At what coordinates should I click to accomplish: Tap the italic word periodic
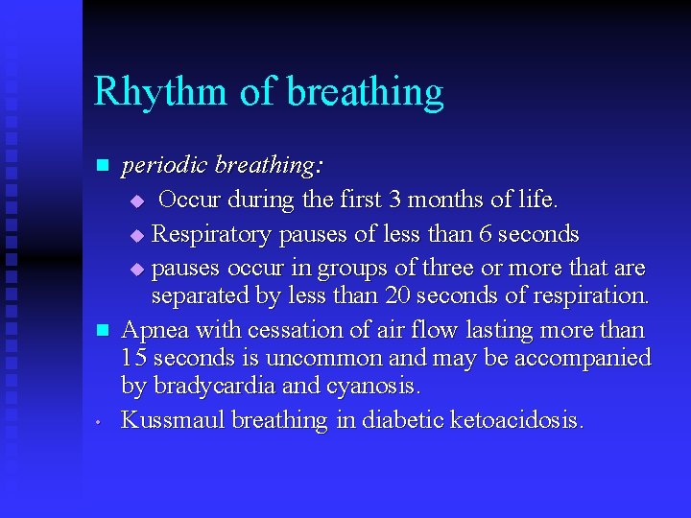164,166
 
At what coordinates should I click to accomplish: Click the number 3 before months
396,200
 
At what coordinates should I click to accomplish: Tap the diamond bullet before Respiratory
135,235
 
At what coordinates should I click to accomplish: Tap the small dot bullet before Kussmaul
100,422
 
